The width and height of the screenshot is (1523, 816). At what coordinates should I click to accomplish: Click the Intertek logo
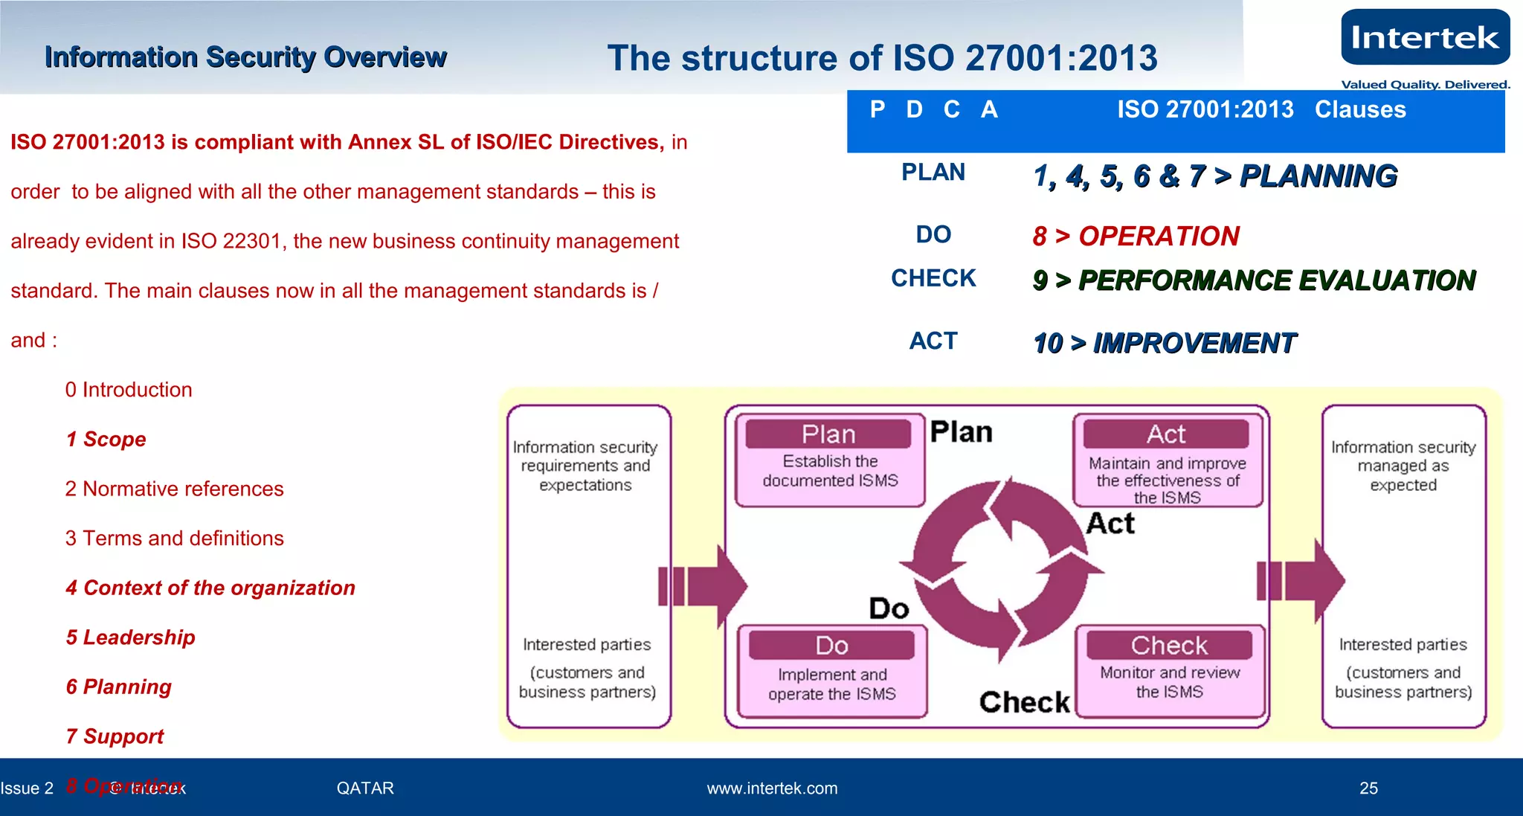[x=1425, y=38]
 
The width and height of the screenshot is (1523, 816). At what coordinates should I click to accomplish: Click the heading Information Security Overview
[x=245, y=57]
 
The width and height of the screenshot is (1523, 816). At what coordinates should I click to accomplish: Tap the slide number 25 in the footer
[x=1368, y=788]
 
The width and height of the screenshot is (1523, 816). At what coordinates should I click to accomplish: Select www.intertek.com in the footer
[x=772, y=788]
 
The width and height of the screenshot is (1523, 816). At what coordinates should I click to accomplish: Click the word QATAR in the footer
[x=365, y=788]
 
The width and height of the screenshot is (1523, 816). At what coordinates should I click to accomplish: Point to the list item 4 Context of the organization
[x=210, y=588]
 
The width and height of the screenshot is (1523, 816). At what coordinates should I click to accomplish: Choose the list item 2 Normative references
[x=175, y=489]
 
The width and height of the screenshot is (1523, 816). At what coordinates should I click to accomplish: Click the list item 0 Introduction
[x=129, y=390]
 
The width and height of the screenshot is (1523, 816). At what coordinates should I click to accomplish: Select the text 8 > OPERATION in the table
[x=1136, y=237]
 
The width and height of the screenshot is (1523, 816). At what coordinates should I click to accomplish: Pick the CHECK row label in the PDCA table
[x=933, y=278]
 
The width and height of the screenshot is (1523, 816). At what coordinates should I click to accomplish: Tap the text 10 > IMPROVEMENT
[x=1165, y=343]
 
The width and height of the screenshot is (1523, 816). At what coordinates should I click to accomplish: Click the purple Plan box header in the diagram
[x=828, y=434]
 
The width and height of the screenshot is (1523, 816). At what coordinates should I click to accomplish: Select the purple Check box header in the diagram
[x=1169, y=646]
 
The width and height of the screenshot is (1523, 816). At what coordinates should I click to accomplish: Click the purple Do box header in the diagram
[x=831, y=646]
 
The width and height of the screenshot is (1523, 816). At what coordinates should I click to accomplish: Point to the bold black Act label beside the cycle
[x=1110, y=524]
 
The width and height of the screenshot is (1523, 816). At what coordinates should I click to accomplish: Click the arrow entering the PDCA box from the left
[x=703, y=585]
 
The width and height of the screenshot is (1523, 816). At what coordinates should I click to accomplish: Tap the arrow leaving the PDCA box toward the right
[x=1301, y=581]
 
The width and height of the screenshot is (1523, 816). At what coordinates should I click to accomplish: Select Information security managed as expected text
[x=1403, y=466]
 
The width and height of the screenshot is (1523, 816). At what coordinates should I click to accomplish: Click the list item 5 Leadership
[x=131, y=637]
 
